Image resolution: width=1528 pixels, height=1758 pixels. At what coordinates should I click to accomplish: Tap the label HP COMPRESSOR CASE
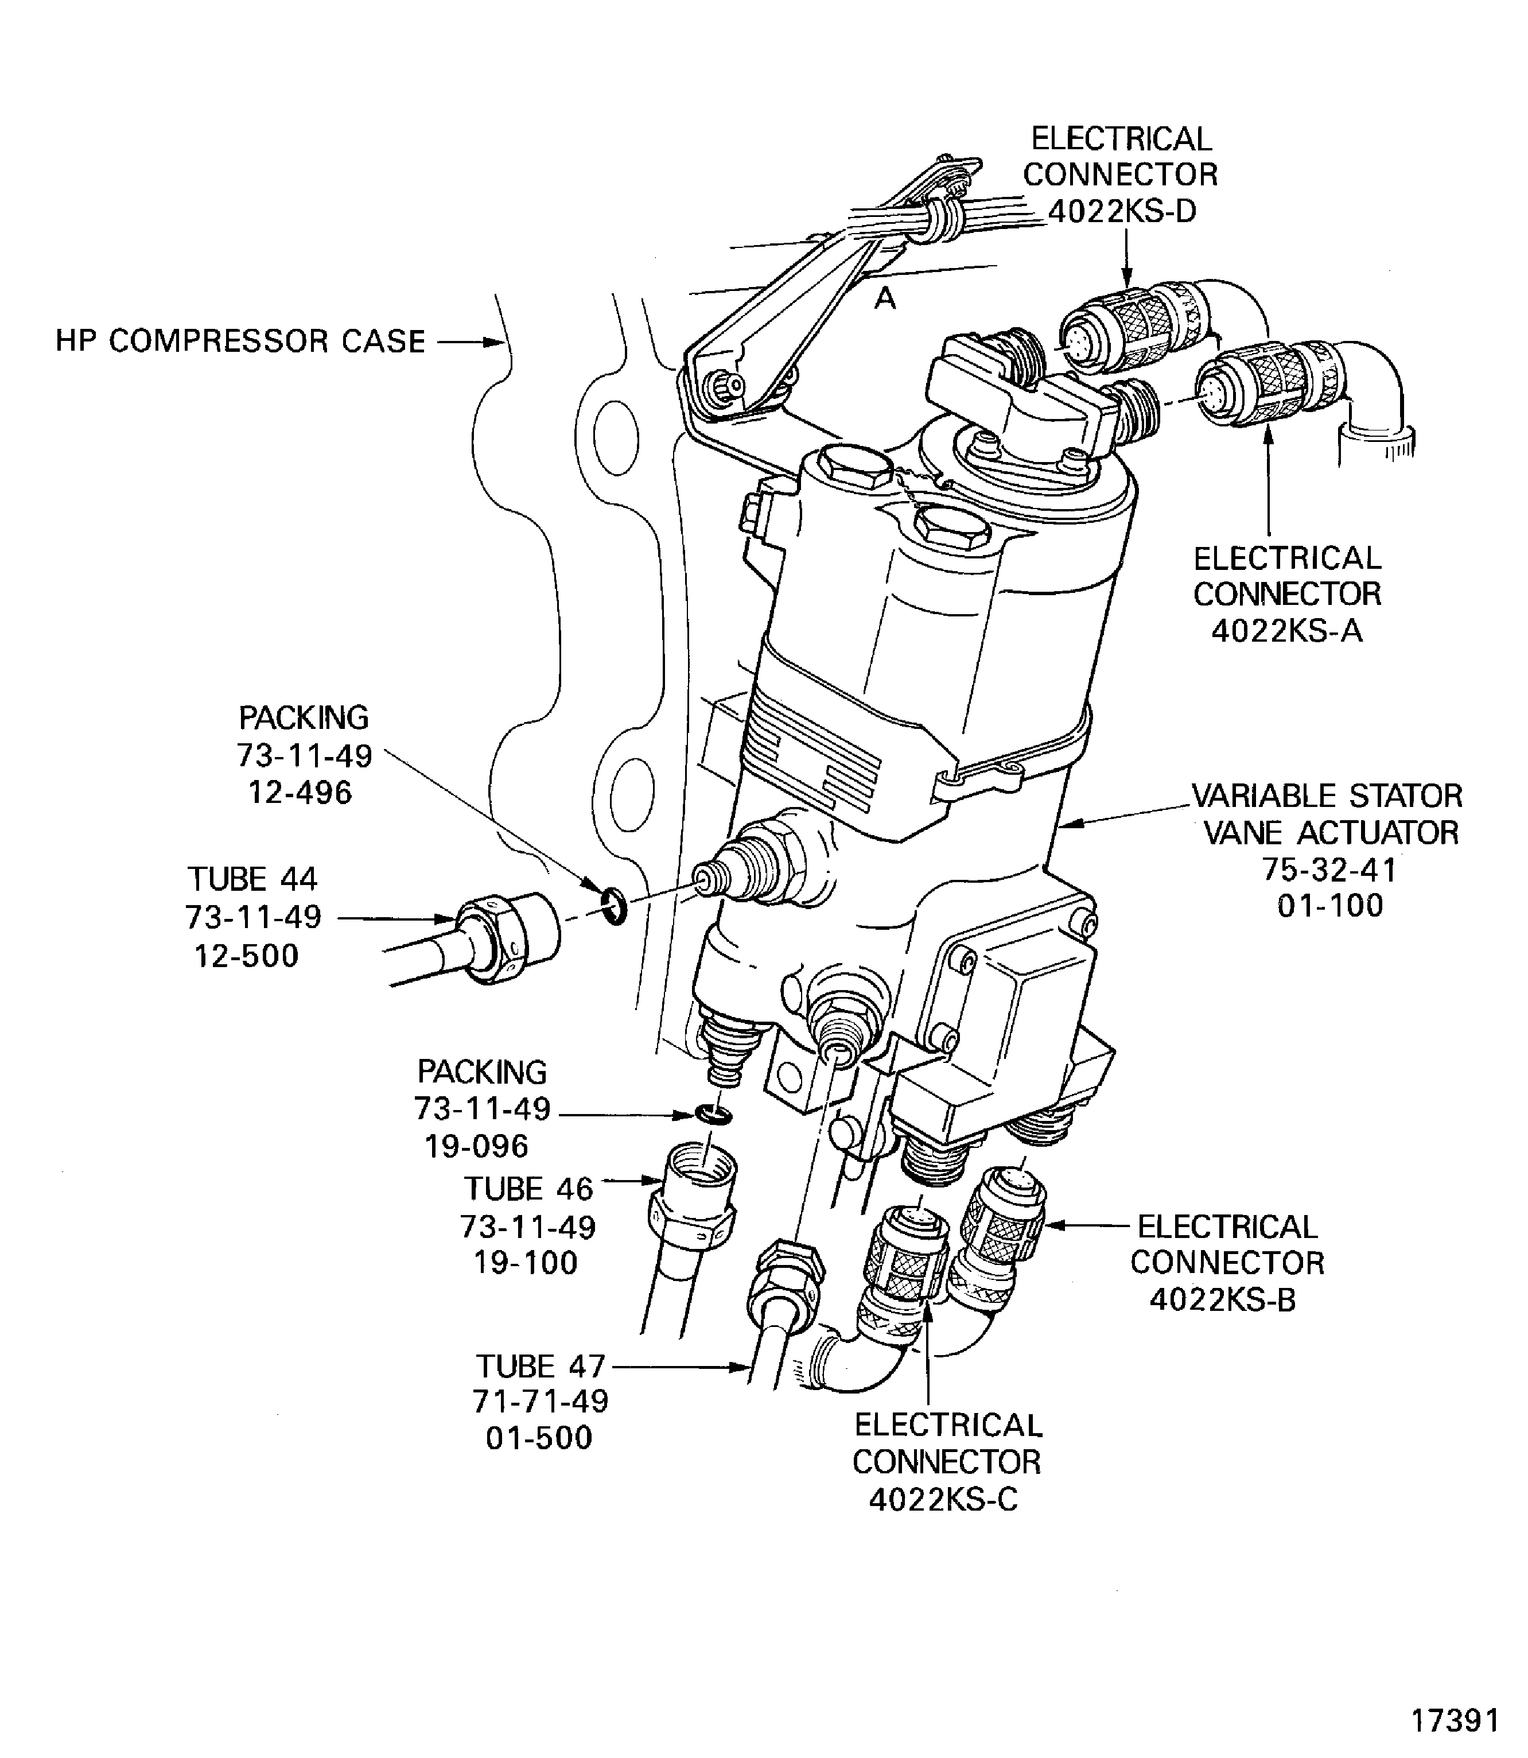[x=240, y=341]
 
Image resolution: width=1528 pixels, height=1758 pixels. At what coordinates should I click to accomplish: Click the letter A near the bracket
[x=886, y=298]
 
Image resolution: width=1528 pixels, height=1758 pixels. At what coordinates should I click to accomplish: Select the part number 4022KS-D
[x=1121, y=210]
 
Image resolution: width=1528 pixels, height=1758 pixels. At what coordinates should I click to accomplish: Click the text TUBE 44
[x=252, y=879]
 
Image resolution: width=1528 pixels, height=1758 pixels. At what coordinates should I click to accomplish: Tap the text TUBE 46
[x=528, y=1188]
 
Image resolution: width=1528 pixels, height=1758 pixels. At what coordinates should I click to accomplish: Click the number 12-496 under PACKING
[x=300, y=793]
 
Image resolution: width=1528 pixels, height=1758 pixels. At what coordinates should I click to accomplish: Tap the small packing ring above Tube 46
[x=712, y=1114]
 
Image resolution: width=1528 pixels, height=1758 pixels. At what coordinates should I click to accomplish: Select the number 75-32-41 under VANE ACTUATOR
[x=1329, y=869]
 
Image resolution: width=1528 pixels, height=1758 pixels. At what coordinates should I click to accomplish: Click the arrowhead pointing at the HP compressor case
[x=497, y=342]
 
